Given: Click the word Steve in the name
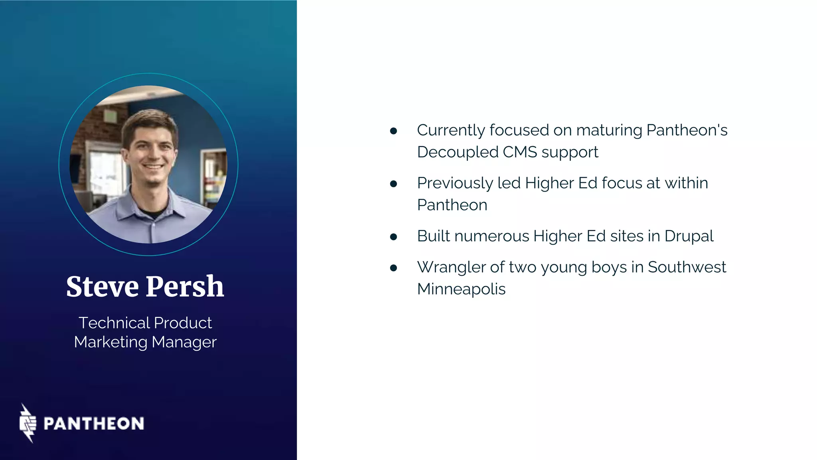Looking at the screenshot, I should [102, 287].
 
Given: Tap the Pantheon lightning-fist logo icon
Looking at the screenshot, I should [28, 423].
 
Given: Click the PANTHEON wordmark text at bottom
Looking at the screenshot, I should [94, 424].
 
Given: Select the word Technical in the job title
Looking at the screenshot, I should [114, 323].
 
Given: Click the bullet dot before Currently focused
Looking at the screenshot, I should [394, 131].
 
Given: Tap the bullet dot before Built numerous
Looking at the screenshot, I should [394, 237].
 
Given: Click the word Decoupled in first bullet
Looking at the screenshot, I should [458, 152].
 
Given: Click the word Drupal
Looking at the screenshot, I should [689, 236].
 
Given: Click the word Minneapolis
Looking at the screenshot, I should [461, 289].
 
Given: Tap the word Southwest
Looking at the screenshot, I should [687, 267].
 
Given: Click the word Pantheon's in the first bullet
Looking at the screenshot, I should [687, 130].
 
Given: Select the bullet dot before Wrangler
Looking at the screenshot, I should [394, 268].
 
